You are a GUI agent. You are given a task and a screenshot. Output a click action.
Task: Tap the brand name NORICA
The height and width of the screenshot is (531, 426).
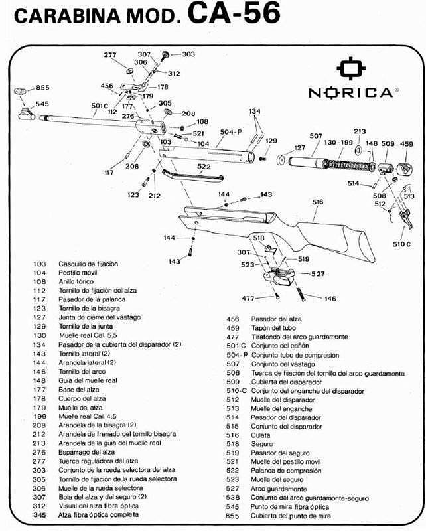pyautogui.click(x=350, y=92)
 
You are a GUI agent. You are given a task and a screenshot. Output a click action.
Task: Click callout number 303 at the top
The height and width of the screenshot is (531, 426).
pyautogui.click(x=188, y=54)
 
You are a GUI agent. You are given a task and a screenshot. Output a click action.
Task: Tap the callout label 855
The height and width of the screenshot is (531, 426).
pyautogui.click(x=42, y=88)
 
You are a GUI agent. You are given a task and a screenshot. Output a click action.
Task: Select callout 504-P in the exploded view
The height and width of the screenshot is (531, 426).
pyautogui.click(x=230, y=133)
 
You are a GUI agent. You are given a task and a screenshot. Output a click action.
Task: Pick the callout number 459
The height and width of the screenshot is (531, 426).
pyautogui.click(x=407, y=143)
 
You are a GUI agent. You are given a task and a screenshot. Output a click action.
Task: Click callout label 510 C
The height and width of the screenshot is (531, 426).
pyautogui.click(x=402, y=244)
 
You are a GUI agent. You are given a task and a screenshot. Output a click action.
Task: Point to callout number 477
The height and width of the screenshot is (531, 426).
pyautogui.click(x=249, y=298)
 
